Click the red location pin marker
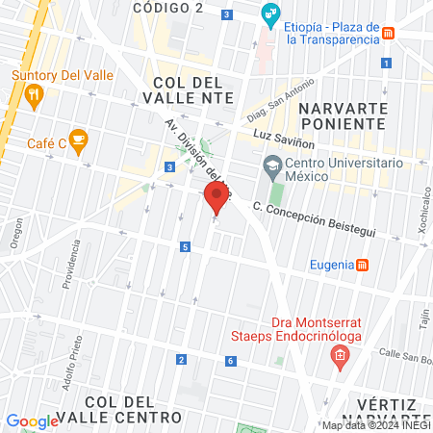coord(216,200)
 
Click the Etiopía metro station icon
coord(388,35)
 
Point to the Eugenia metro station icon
coord(363,265)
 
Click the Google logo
coord(33,420)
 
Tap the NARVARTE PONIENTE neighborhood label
coord(342,115)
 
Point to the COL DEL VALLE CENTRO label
coord(132,409)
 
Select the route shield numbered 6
coord(231,361)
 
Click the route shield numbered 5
coord(184,247)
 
